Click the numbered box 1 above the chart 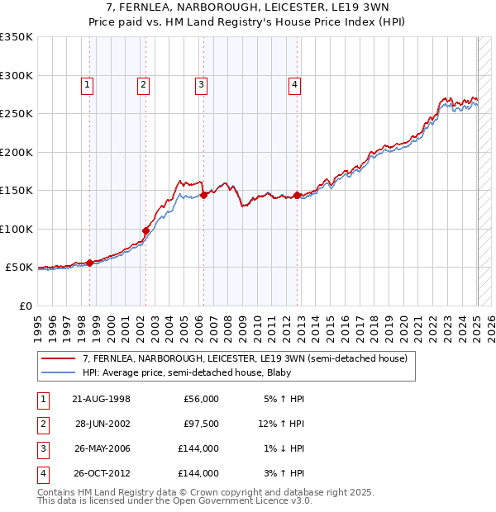pos(88,83)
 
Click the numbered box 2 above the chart pos(143,83)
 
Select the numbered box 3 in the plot pos(201,83)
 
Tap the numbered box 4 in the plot pos(294,83)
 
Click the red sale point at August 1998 pos(90,263)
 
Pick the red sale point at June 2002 pos(145,230)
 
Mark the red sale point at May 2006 pos(203,195)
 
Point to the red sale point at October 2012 pos(297,195)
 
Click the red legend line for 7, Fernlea pos(58,359)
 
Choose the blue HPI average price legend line pos(58,373)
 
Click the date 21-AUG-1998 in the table pos(102,399)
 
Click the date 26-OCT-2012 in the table pos(102,473)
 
